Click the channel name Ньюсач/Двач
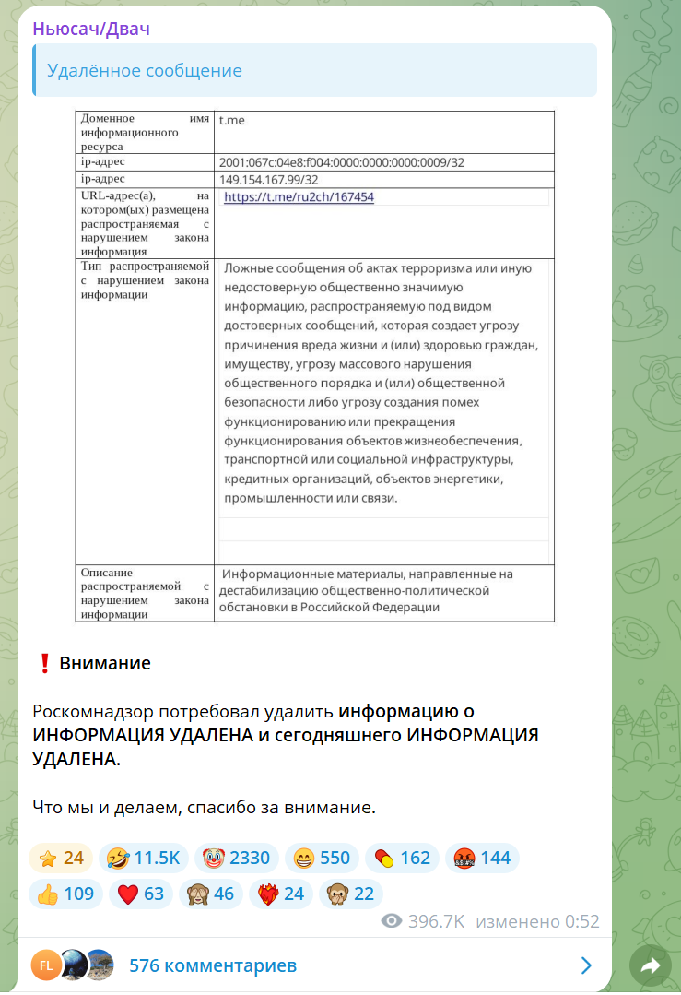91,29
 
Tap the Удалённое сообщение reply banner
313,70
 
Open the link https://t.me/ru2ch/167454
299,196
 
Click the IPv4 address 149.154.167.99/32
268,179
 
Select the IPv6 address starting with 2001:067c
341,162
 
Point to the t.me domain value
231,120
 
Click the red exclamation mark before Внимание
43,663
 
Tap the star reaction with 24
61,859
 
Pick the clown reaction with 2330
236,859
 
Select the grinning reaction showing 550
322,859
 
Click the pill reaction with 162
402,859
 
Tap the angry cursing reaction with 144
482,859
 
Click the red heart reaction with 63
141,894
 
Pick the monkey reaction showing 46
211,894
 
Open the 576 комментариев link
213,965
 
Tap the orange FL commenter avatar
45,965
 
